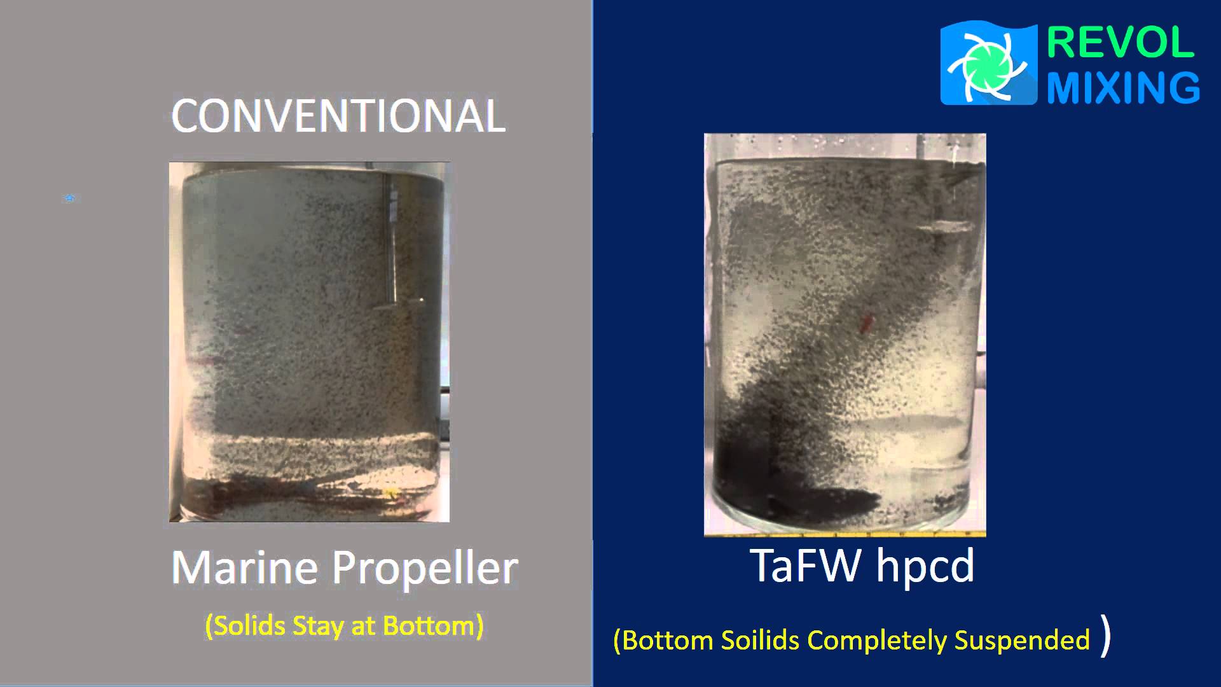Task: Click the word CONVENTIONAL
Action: point(338,116)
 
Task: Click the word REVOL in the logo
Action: point(1120,43)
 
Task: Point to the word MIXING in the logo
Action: point(1123,87)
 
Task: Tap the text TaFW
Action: point(806,565)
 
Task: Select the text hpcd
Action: point(925,566)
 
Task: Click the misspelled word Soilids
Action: point(760,640)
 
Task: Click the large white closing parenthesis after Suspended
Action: point(1106,636)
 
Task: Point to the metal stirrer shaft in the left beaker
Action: point(390,242)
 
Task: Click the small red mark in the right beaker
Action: point(865,324)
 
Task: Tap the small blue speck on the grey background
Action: point(70,198)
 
